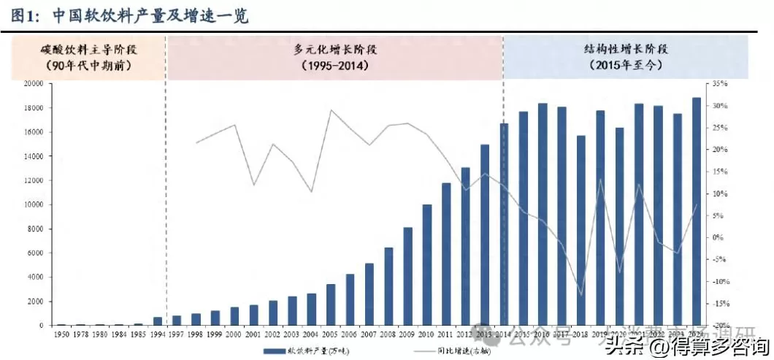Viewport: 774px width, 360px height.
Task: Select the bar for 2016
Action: pyautogui.click(x=543, y=215)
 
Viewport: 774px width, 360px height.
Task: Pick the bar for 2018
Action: pyautogui.click(x=581, y=231)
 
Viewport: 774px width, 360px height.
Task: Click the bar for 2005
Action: pyautogui.click(x=331, y=305)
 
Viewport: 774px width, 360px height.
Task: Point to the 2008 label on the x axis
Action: pyautogui.click(x=388, y=334)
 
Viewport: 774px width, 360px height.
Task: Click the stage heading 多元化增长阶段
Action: pyautogui.click(x=335, y=49)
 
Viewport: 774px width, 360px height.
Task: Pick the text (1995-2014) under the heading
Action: pyautogui.click(x=335, y=66)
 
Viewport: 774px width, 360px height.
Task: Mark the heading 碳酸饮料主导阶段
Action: pyautogui.click(x=89, y=49)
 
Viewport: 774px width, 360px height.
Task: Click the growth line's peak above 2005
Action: pyautogui.click(x=331, y=110)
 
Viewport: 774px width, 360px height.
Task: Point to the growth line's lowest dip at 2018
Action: pyautogui.click(x=581, y=295)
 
